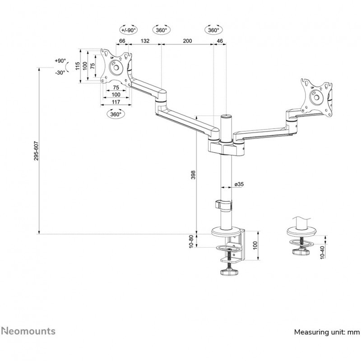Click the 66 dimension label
122,41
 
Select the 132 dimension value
145,41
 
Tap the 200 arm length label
188,41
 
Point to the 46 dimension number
220,41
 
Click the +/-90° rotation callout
129,30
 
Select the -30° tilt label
60,73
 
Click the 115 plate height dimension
78,66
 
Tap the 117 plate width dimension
116,102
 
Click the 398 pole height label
193,175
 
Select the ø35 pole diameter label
239,184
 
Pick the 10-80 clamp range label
191,241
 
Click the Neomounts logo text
28,331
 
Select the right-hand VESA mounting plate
317,97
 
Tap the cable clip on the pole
225,204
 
